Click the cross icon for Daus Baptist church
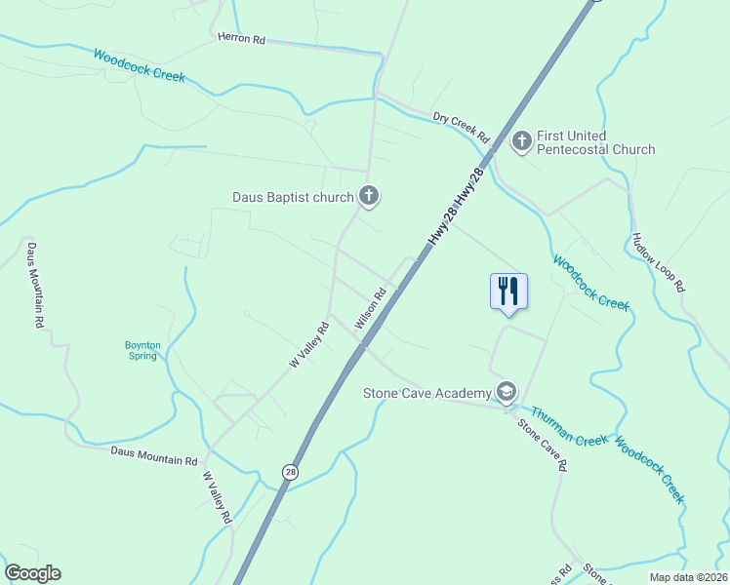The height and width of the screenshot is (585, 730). [x=369, y=197]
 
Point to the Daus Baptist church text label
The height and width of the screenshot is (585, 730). [x=293, y=197]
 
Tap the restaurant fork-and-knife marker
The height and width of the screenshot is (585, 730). [x=508, y=291]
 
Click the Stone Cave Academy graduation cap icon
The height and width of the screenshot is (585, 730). [x=506, y=393]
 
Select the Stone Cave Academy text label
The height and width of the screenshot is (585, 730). [x=426, y=393]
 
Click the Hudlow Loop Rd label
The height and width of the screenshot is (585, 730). [x=659, y=262]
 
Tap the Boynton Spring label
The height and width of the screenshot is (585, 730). [x=142, y=350]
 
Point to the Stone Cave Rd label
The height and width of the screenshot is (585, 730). [x=542, y=445]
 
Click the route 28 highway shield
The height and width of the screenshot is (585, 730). [x=290, y=472]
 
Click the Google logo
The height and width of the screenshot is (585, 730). [x=32, y=573]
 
